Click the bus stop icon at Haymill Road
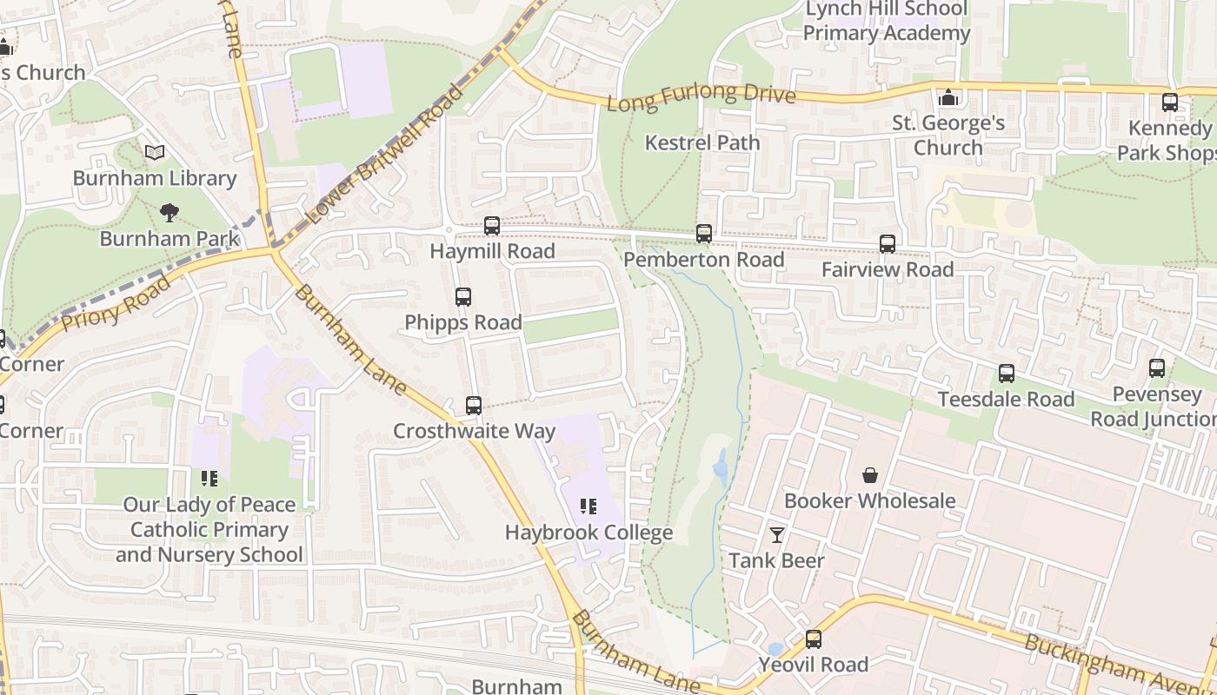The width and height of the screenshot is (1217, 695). (x=492, y=226)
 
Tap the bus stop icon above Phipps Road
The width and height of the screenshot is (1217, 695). (x=463, y=297)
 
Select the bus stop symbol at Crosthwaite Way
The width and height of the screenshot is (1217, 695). (x=474, y=406)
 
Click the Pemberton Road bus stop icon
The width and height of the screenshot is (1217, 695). (x=704, y=234)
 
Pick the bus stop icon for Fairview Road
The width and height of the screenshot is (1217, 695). (x=888, y=244)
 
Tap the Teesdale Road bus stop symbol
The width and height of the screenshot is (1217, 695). (x=1007, y=374)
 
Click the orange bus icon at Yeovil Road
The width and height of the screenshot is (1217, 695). (x=814, y=639)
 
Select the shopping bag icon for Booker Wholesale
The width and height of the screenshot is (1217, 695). (x=870, y=475)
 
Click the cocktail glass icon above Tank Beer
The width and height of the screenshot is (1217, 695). (x=777, y=535)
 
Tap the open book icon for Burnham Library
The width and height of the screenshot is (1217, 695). (x=155, y=153)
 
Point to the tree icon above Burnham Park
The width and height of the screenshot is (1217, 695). (x=170, y=212)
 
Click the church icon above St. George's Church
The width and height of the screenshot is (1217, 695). (x=948, y=98)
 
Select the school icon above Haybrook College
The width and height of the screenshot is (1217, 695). (x=589, y=506)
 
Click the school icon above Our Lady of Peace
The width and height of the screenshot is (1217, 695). (x=209, y=478)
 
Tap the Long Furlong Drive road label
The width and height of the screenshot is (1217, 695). (x=701, y=97)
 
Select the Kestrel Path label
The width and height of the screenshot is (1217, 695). (x=702, y=142)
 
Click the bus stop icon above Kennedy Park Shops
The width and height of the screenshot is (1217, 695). (x=1170, y=103)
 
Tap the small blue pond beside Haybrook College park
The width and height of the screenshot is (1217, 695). (x=721, y=467)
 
